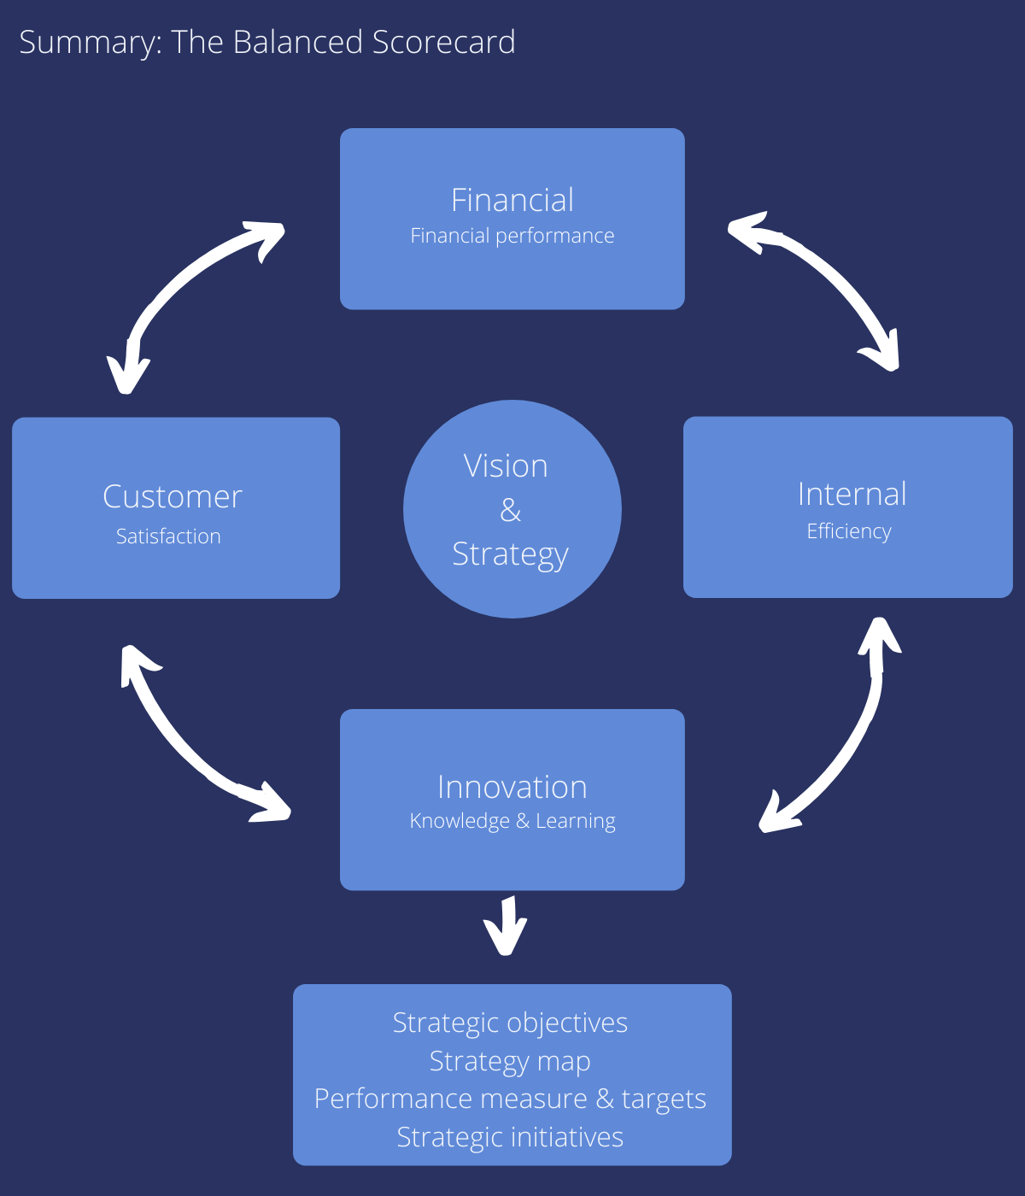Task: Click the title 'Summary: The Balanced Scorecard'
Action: (x=266, y=43)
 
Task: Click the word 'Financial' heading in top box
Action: (x=512, y=200)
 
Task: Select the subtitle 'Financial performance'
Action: (x=512, y=236)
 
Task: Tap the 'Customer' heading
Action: (x=173, y=496)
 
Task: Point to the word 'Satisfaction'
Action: (x=168, y=536)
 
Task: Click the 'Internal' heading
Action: (x=852, y=494)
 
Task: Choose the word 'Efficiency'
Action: (x=849, y=531)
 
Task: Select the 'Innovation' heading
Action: (x=512, y=787)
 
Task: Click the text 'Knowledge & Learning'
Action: (x=512, y=821)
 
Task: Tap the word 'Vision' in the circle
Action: (x=506, y=466)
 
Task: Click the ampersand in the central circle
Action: (x=511, y=510)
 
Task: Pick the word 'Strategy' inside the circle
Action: (x=510, y=554)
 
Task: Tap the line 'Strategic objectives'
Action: (x=510, y=1023)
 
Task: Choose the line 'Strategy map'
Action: (x=510, y=1061)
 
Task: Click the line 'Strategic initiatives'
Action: (x=510, y=1137)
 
